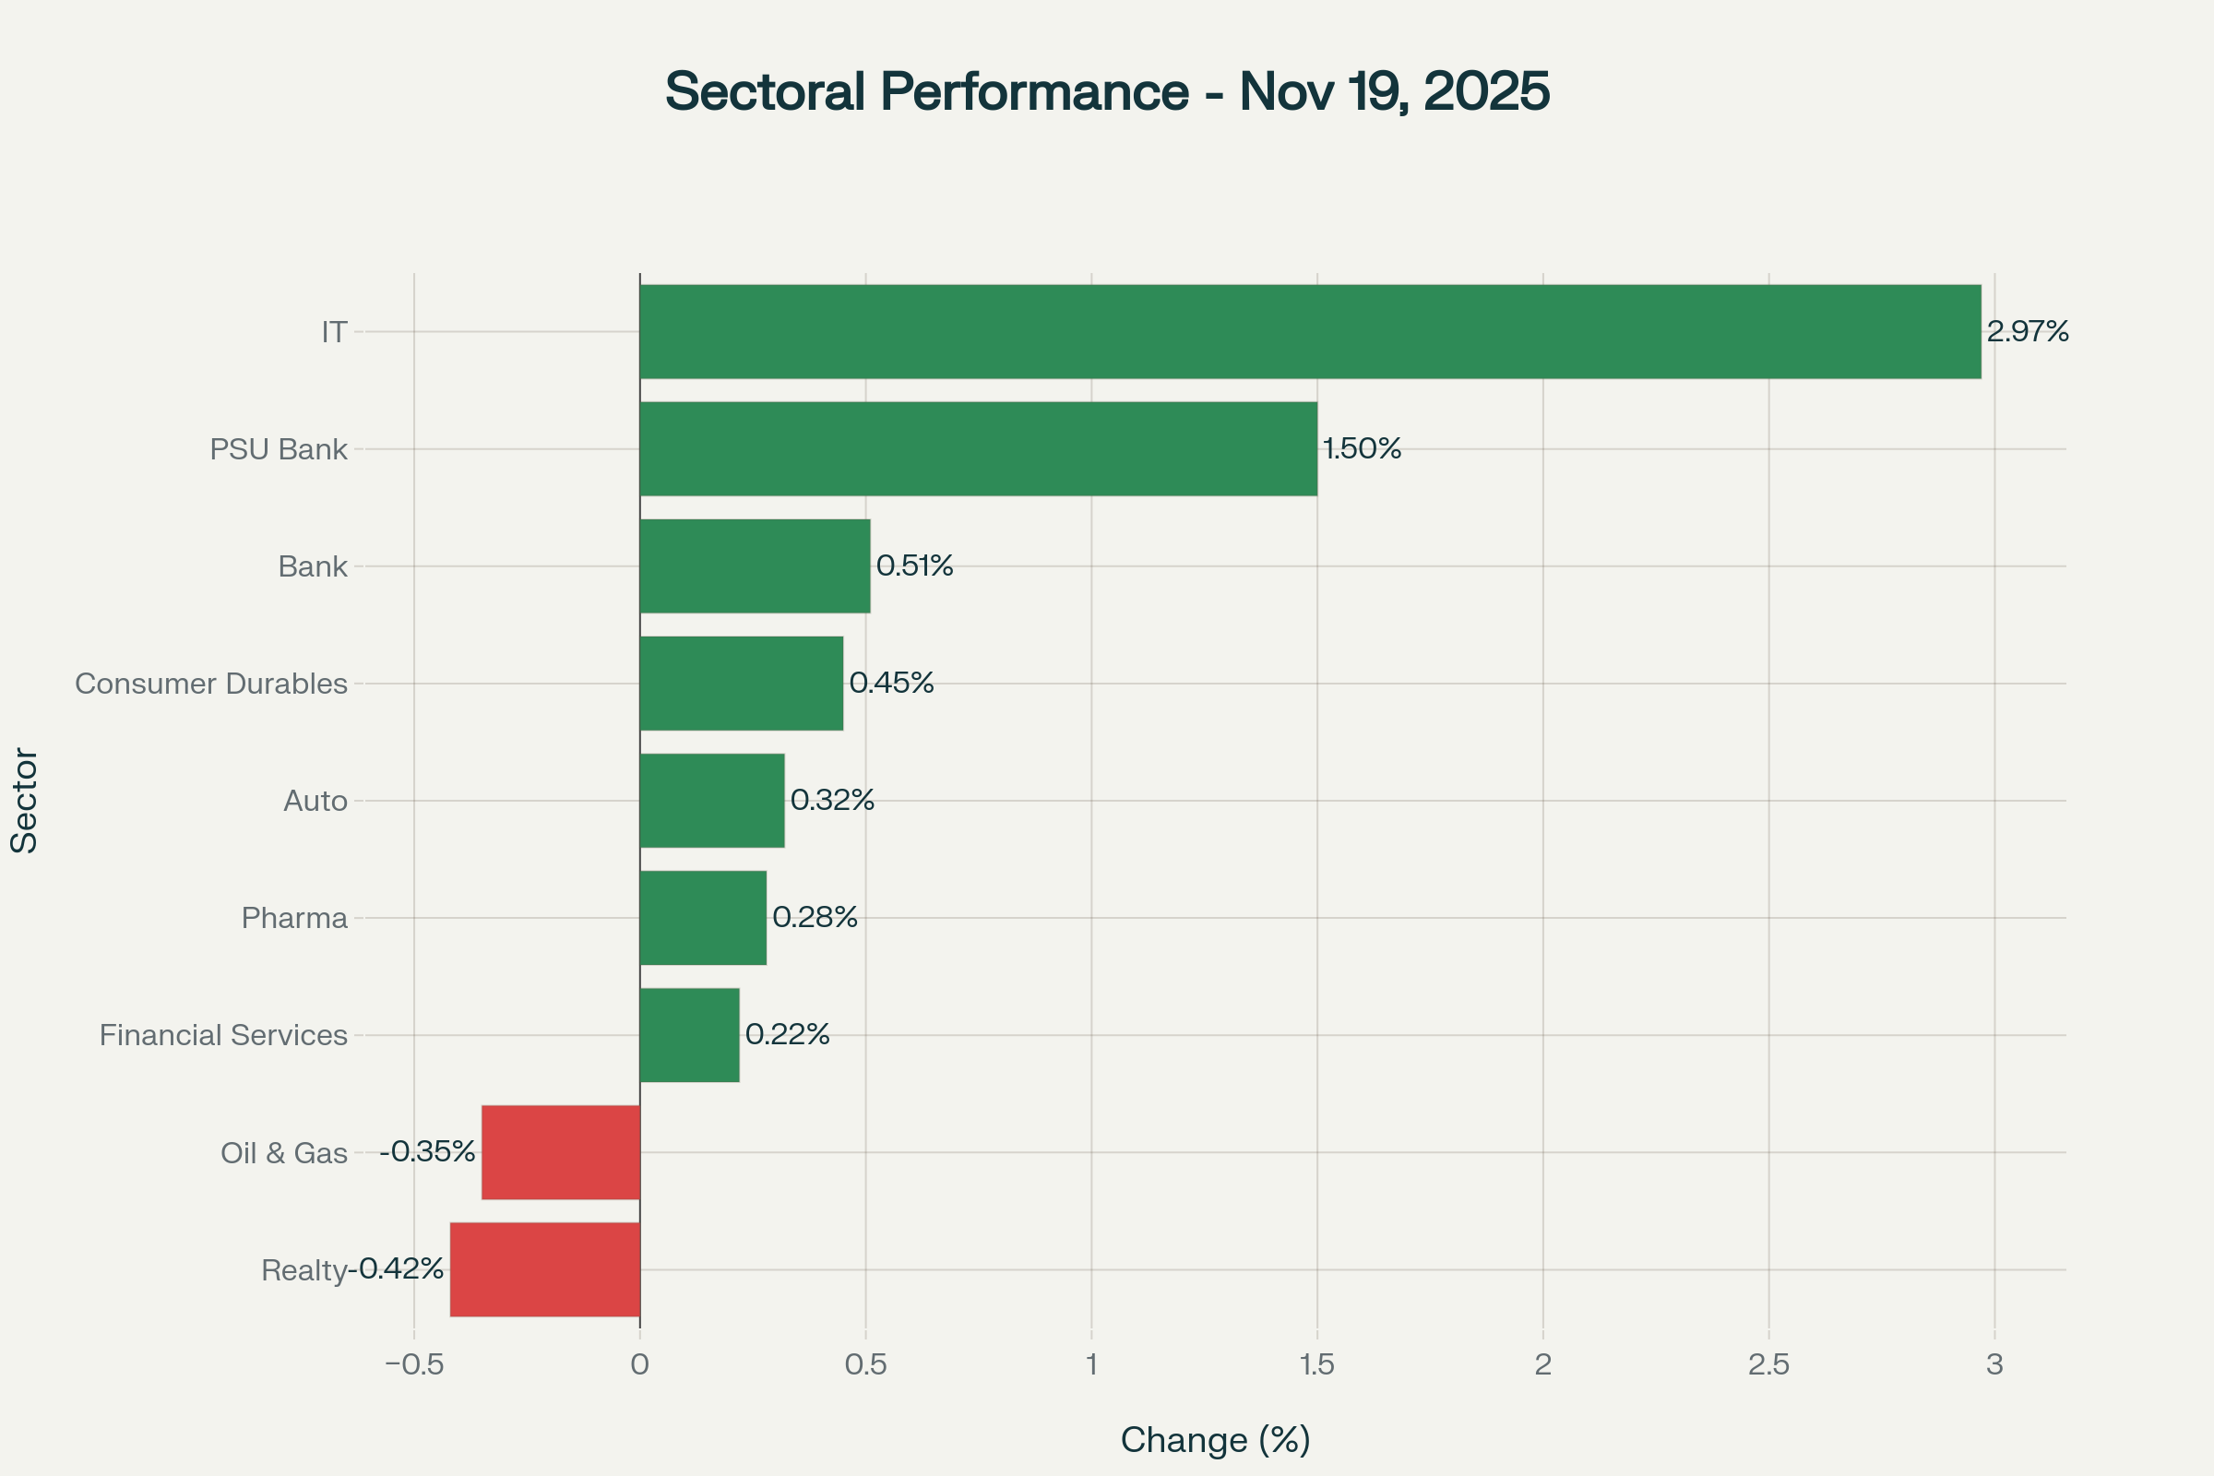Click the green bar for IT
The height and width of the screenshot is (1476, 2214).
point(1309,331)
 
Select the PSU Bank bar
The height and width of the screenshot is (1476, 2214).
point(978,449)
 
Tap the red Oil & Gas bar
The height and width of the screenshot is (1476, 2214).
point(560,1152)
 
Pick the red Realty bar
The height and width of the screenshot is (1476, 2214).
point(545,1269)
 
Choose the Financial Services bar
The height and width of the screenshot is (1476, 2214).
point(689,1034)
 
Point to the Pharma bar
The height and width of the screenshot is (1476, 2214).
point(702,918)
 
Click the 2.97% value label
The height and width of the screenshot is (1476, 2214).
point(2027,331)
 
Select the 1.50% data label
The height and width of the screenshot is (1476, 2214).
point(1362,448)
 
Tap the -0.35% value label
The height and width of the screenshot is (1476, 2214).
point(427,1151)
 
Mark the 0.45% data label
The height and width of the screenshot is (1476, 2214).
point(890,683)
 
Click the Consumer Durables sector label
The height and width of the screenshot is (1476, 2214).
point(211,684)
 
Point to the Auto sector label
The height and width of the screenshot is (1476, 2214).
point(315,801)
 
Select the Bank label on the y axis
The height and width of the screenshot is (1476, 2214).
point(313,566)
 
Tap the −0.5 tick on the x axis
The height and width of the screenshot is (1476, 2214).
point(414,1365)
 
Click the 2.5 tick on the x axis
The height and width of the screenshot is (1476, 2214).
point(1768,1365)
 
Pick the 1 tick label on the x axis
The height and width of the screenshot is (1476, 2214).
point(1091,1365)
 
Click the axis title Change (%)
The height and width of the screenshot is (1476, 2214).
point(1215,1440)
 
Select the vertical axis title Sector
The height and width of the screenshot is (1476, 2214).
point(25,800)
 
